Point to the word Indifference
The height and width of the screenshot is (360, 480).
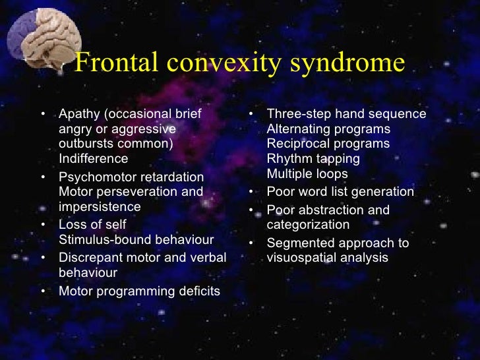[x=94, y=158]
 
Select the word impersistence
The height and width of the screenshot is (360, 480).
[x=100, y=206]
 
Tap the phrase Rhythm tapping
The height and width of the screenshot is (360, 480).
[x=313, y=159]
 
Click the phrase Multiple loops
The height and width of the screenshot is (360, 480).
[x=307, y=174]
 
